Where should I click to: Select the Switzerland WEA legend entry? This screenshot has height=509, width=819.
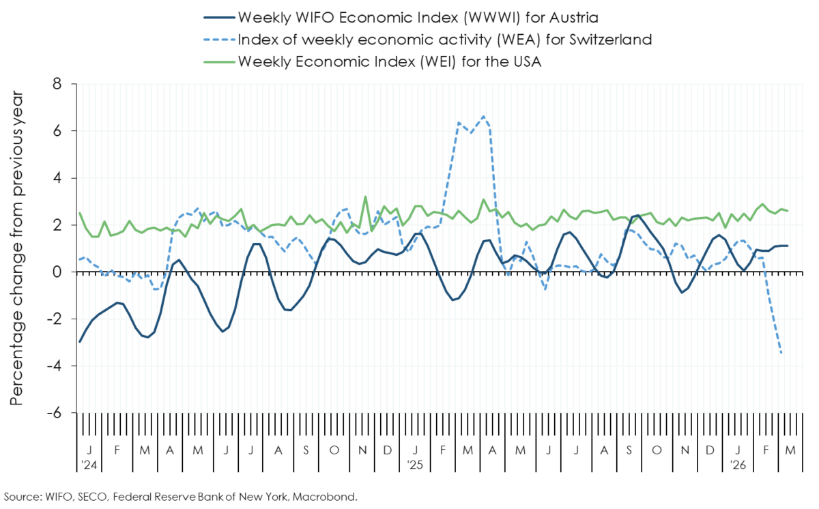coord(444,39)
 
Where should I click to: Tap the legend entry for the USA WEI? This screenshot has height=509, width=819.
coord(390,61)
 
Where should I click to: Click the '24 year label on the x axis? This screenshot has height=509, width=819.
coord(89,465)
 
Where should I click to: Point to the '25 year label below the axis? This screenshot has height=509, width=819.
coord(416,465)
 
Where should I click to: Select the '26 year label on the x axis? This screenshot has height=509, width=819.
coord(738,465)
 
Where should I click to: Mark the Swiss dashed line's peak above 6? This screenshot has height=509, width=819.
coord(484,117)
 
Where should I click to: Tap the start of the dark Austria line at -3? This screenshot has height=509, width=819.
coord(80,342)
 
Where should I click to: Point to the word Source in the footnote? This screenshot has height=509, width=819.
coord(22,497)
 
